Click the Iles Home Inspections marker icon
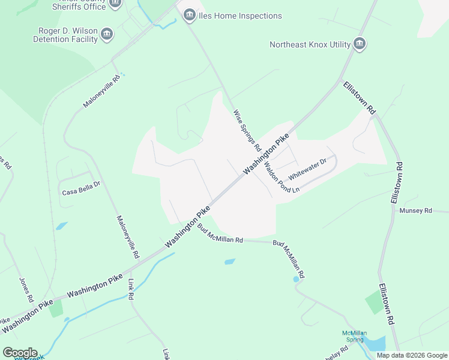(x=190, y=15)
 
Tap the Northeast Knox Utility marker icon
(x=360, y=44)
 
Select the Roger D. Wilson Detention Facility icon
(x=107, y=34)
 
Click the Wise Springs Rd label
(x=247, y=130)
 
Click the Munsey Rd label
(x=415, y=211)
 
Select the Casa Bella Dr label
(x=81, y=192)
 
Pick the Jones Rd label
(x=25, y=290)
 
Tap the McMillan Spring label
(x=354, y=336)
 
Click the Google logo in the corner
(x=20, y=353)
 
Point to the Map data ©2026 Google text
(x=411, y=355)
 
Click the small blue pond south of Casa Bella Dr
(x=61, y=226)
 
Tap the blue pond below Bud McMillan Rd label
(x=229, y=262)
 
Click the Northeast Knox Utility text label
(x=310, y=44)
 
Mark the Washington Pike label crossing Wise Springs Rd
(x=266, y=154)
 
